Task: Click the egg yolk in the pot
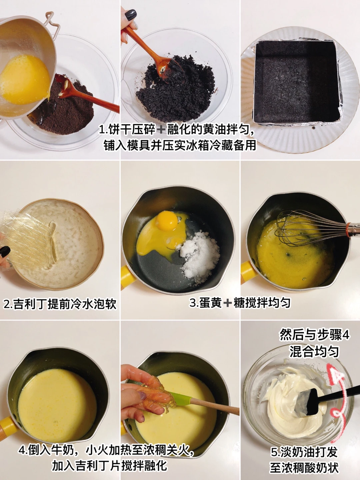point(167,221)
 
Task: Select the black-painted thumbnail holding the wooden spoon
point(131,15)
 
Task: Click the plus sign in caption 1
point(161,130)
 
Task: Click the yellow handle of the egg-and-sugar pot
point(128,277)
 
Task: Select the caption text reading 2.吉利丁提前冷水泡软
point(60,304)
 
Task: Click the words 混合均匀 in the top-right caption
point(314,352)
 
